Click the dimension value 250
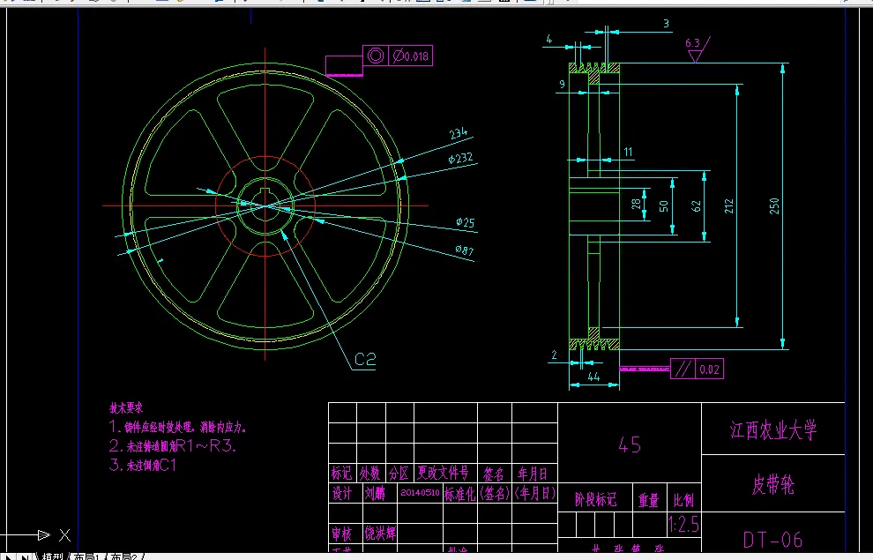pos(774,205)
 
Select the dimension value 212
pos(728,206)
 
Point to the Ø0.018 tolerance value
pos(411,57)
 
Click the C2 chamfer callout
pos(365,359)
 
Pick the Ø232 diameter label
pos(460,159)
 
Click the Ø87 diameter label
pos(464,251)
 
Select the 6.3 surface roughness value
pos(692,42)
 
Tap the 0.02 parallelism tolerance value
pos(709,370)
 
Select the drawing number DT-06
pos(772,539)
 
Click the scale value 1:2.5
pos(683,526)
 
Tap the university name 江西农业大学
pos(773,430)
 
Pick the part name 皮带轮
pos(772,484)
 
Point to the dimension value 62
pos(695,206)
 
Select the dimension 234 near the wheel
pos(458,134)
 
